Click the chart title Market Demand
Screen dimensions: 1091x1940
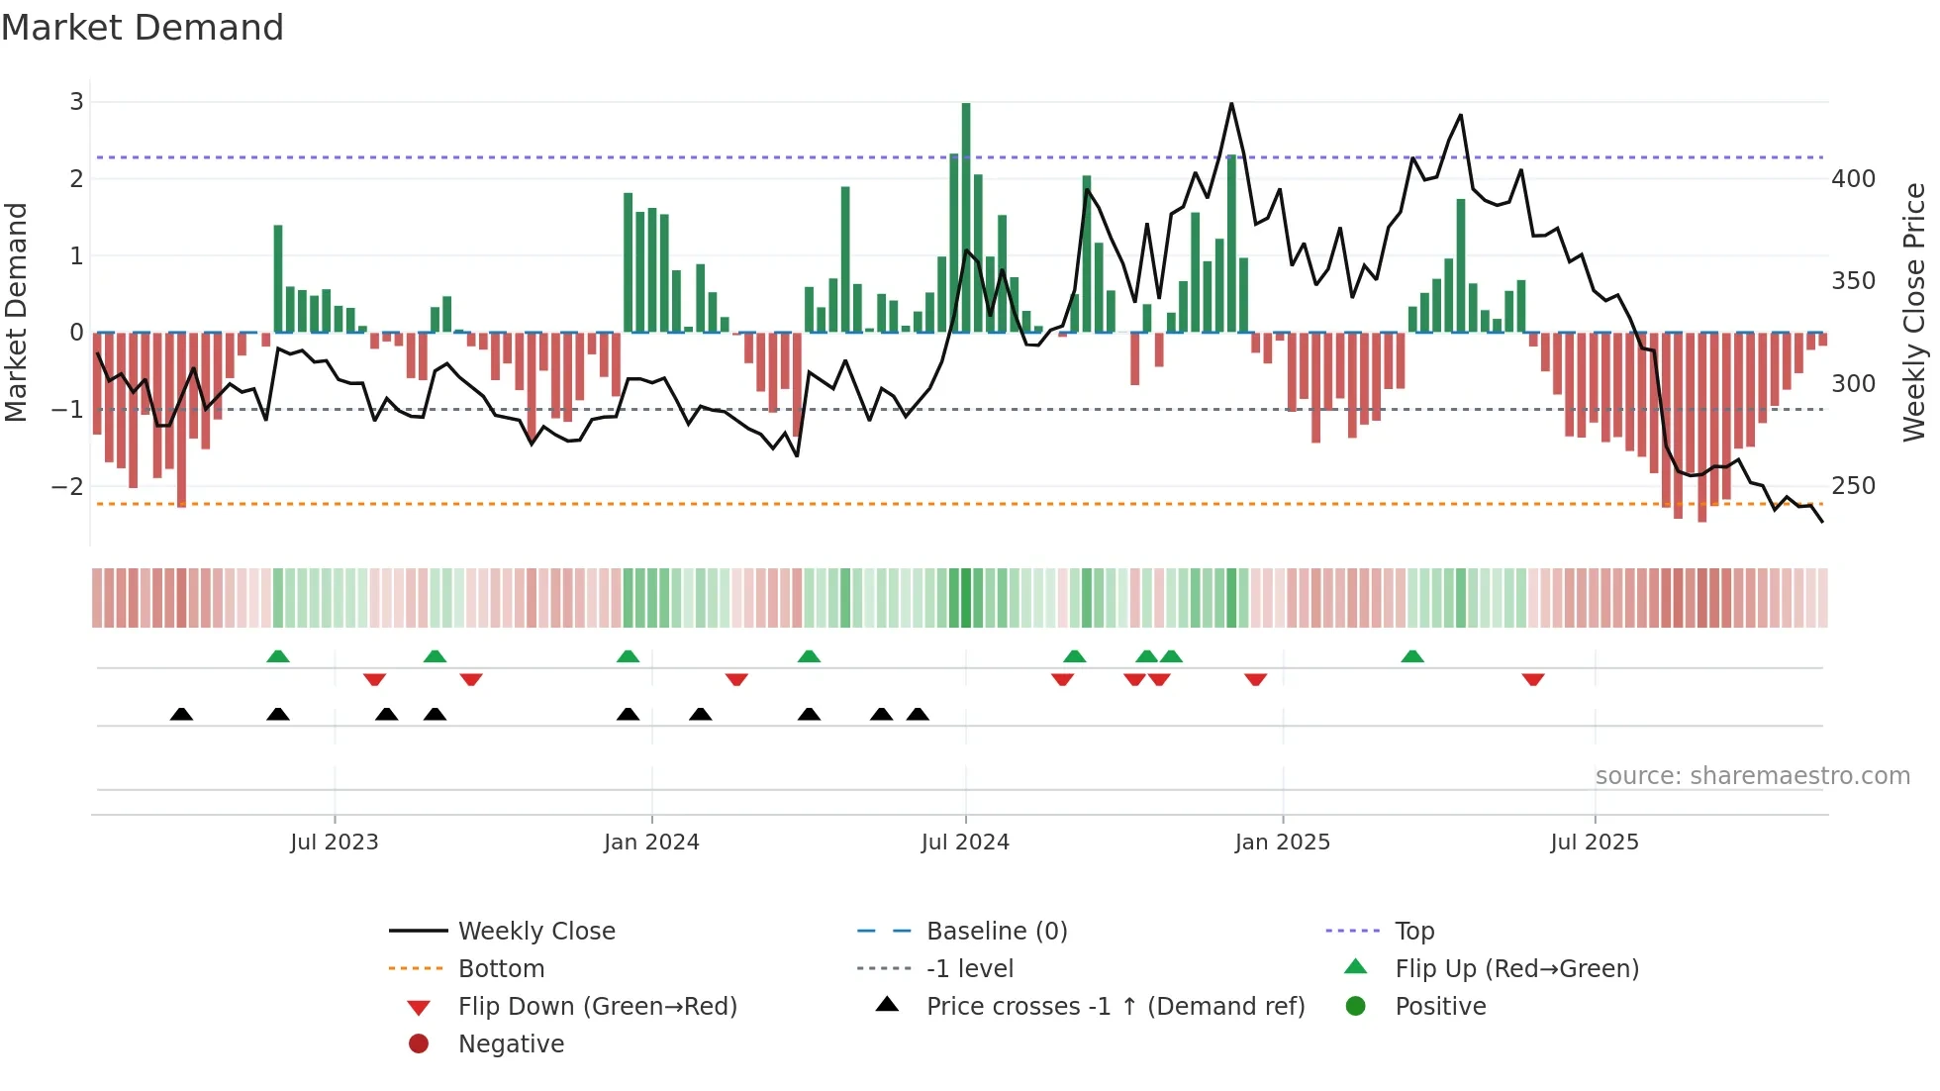click(x=143, y=28)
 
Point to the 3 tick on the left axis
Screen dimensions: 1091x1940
click(x=76, y=102)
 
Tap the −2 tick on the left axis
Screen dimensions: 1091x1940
click(x=68, y=486)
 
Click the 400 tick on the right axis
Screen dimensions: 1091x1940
click(x=1853, y=179)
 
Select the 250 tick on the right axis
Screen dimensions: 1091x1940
click(x=1853, y=486)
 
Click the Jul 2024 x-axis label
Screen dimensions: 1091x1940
click(x=965, y=843)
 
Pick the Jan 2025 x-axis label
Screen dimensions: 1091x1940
click(x=1282, y=843)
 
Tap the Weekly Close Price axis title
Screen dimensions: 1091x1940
click(x=1914, y=312)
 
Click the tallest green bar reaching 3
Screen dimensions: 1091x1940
click(x=966, y=218)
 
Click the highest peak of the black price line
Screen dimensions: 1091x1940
click(x=1231, y=104)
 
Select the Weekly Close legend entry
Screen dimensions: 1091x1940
click(x=535, y=932)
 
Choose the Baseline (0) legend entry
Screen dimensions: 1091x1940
click(x=996, y=932)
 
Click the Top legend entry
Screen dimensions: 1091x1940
click(x=1413, y=932)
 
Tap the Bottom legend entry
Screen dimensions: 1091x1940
click(x=501, y=969)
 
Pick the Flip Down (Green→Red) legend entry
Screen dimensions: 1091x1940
click(x=597, y=1007)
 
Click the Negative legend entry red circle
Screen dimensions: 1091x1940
click(x=419, y=1044)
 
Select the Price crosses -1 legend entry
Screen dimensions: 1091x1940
click(x=1115, y=1007)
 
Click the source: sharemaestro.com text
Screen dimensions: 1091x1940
click(x=1752, y=776)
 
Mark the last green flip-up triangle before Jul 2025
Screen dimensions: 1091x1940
click(x=1412, y=656)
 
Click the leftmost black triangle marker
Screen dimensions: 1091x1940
click(x=181, y=714)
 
